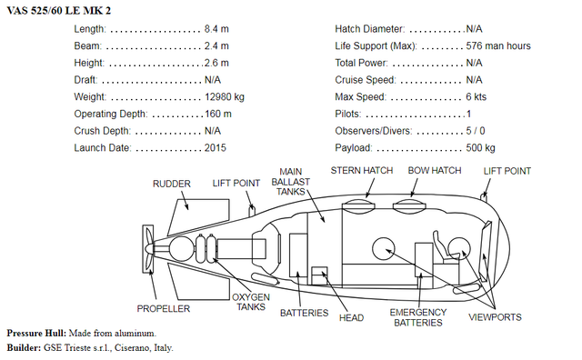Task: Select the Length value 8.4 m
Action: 216,29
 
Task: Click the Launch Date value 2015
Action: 215,147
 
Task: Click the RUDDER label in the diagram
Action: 171,185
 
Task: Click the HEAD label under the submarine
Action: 351,317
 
